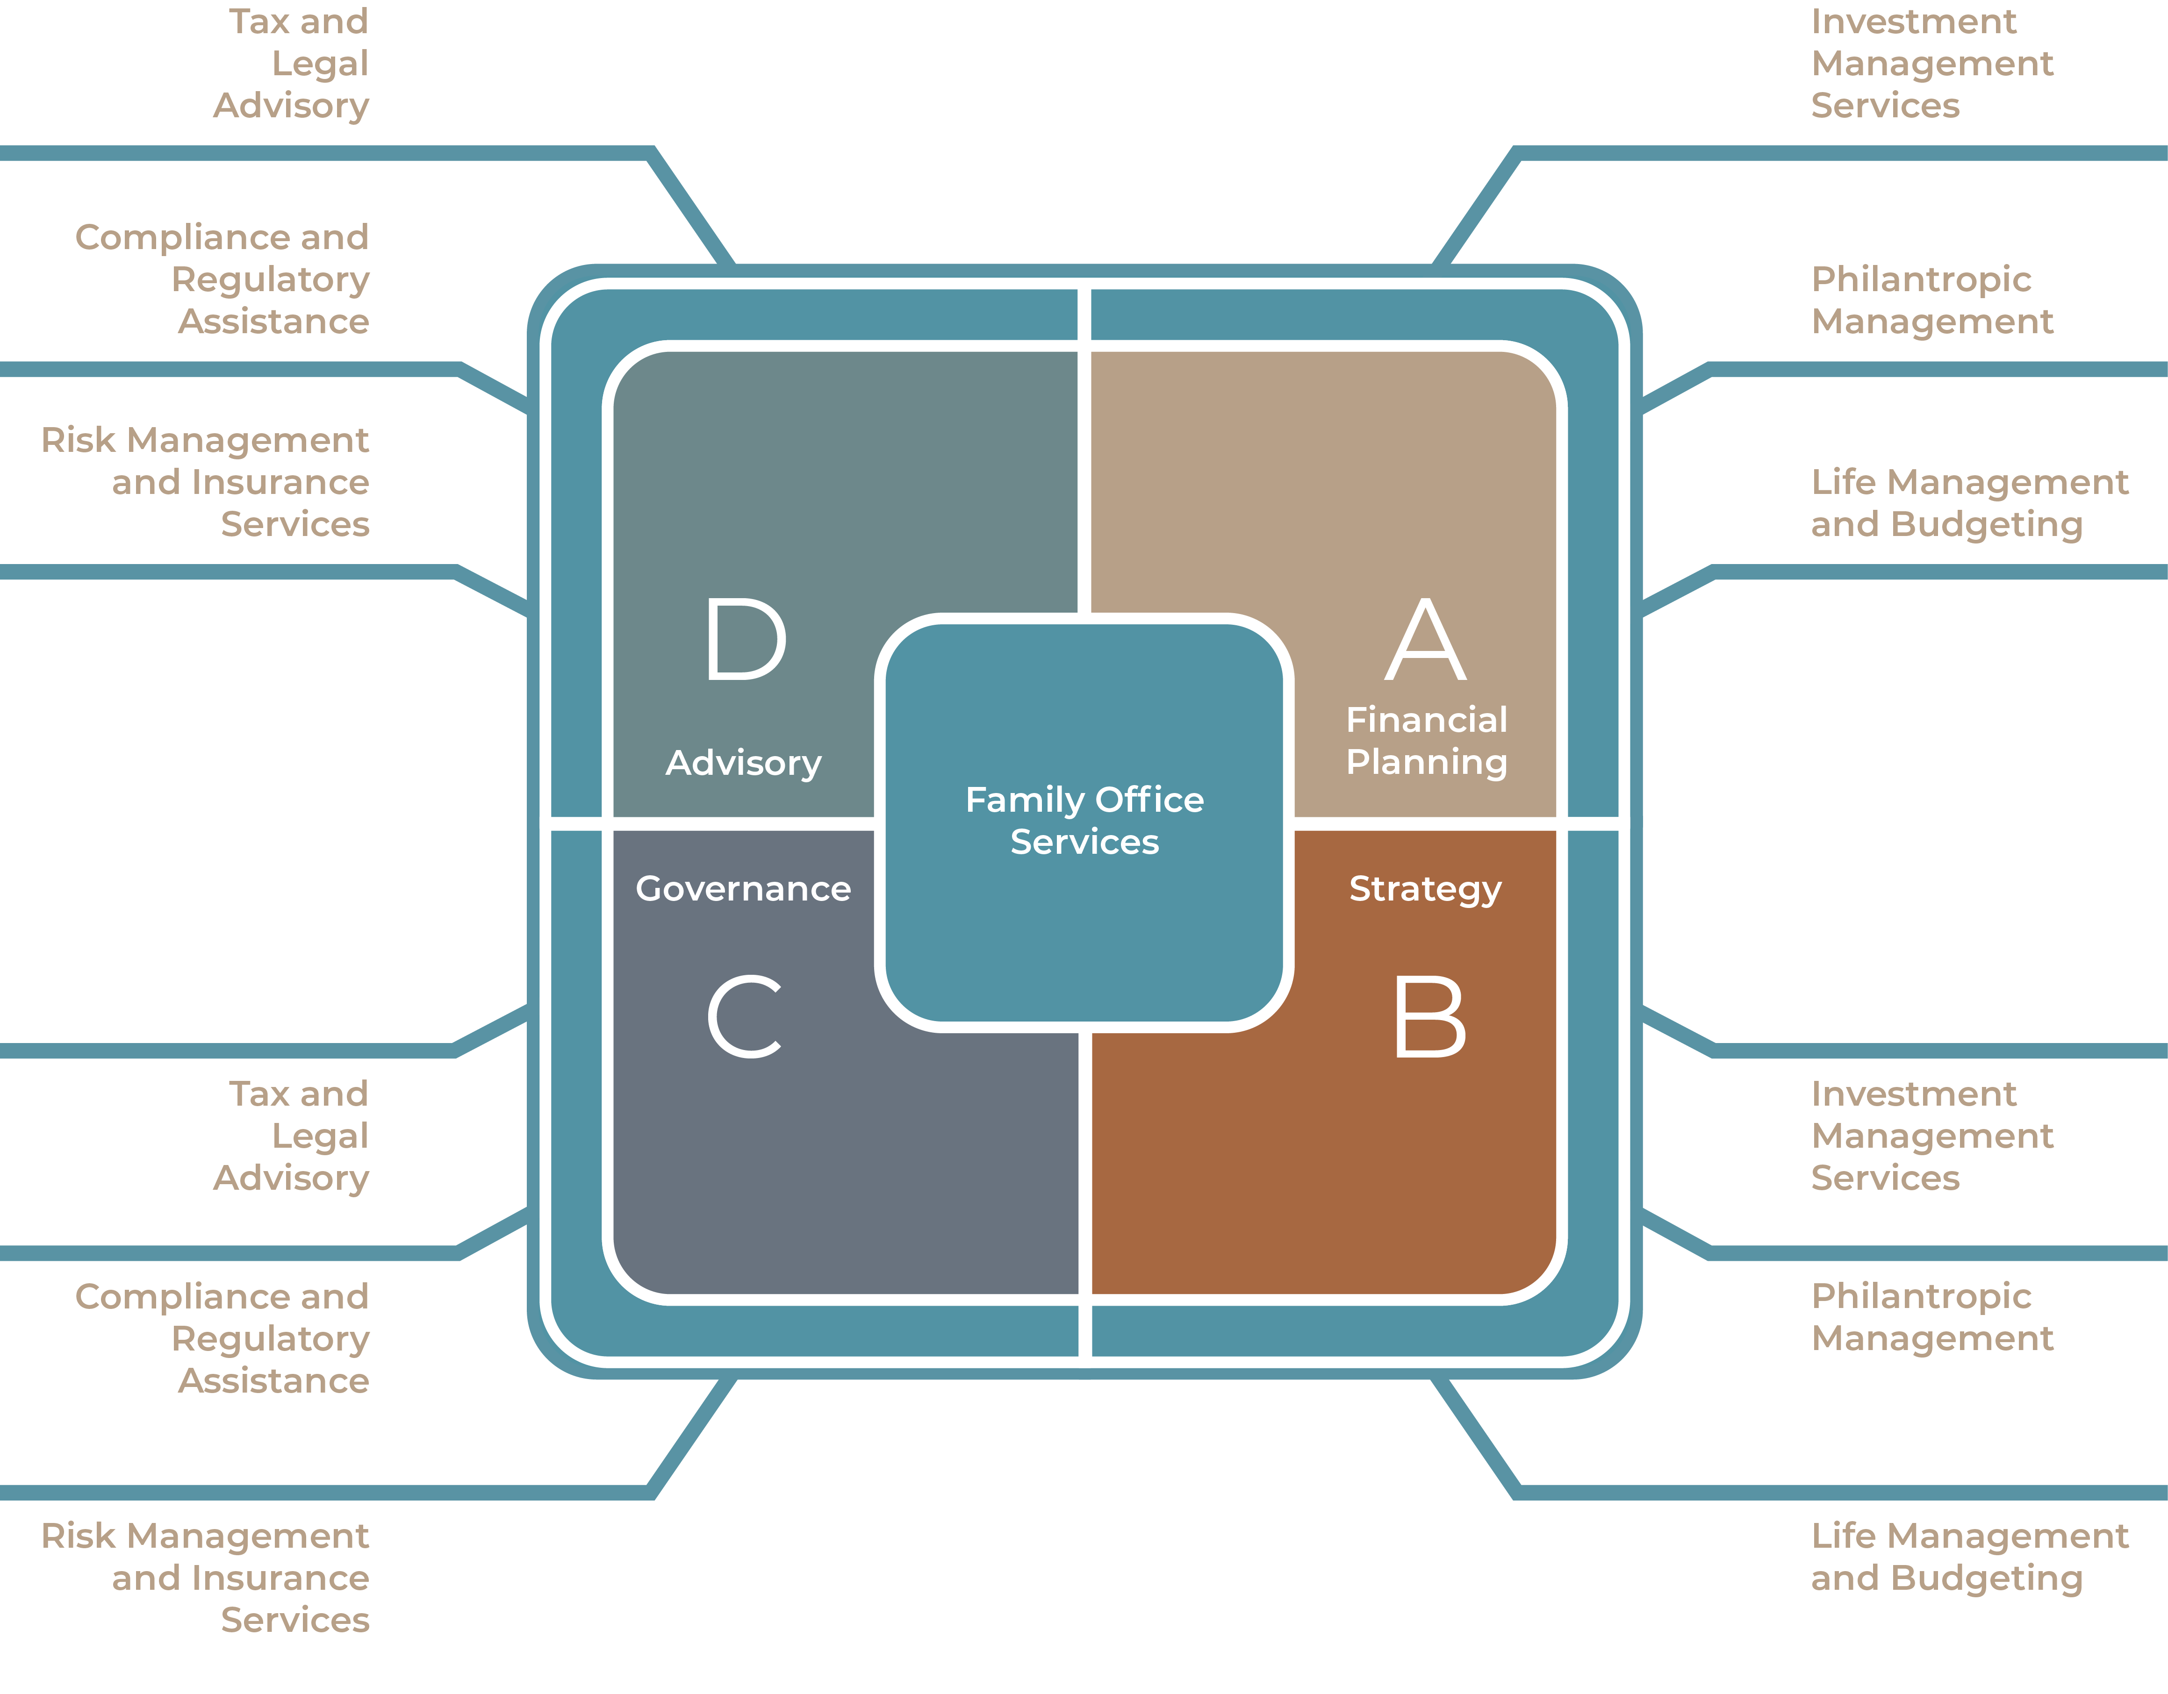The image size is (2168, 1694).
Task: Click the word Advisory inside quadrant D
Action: point(744,763)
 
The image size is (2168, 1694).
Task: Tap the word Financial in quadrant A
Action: point(1427,720)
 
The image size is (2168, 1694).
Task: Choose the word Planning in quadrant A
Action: point(1427,762)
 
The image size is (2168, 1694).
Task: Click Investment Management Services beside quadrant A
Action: point(1931,64)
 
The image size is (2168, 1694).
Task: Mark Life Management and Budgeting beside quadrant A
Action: point(1968,503)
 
